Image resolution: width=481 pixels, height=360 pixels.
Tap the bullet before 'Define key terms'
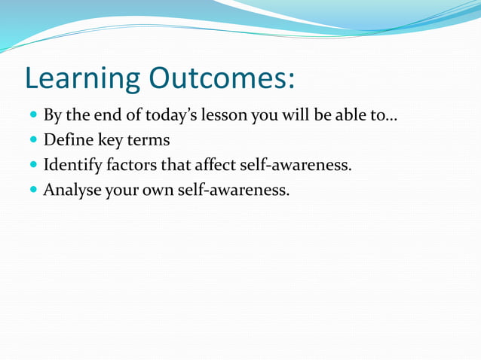32,141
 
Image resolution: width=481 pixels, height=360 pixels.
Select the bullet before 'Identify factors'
32,165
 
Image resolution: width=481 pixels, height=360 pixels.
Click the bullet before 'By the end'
32,117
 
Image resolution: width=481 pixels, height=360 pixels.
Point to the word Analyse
72,189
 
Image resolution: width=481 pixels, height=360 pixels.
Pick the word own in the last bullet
161,189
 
